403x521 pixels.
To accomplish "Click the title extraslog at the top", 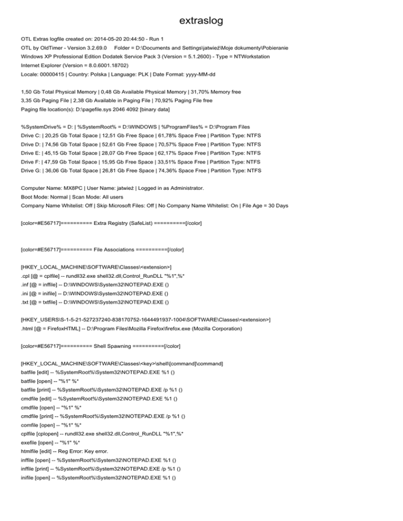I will point(201,21).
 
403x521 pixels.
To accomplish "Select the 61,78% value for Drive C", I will point(168,136).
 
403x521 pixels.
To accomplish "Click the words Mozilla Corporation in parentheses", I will point(214,329).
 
